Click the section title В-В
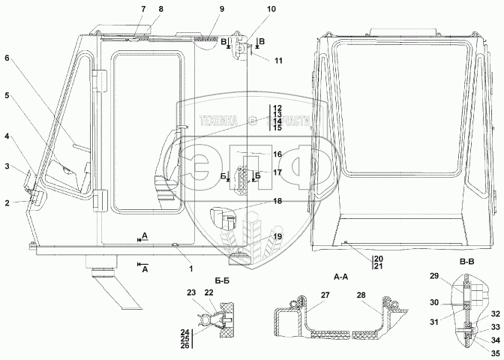pyautogui.click(x=466, y=262)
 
